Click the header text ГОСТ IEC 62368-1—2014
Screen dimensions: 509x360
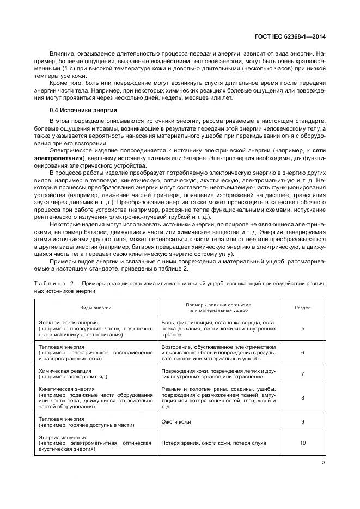294,38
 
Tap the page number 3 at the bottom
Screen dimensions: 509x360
324,463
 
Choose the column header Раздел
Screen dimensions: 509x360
302,308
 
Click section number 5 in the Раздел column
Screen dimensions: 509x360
302,329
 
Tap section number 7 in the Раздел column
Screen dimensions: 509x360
302,373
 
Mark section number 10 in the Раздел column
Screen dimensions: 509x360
302,443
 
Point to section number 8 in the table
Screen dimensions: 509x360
302,397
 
